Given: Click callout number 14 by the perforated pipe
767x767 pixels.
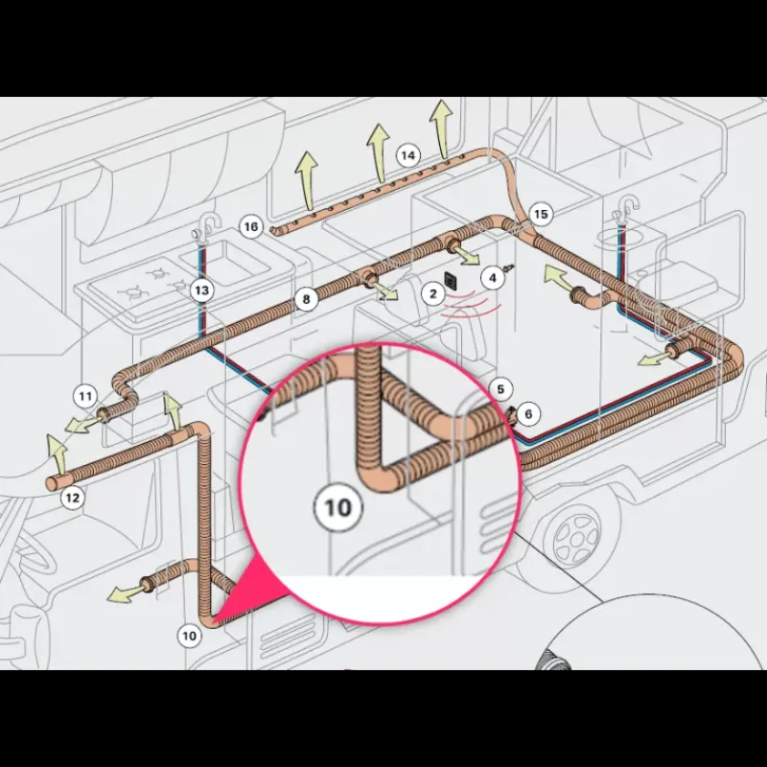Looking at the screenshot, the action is [408, 156].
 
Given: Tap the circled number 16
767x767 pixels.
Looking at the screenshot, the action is [251, 227].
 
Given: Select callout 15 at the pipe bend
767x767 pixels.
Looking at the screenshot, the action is [541, 214].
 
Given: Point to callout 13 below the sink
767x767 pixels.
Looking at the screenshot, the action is [201, 291].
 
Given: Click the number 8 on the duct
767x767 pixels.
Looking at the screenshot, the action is [306, 299].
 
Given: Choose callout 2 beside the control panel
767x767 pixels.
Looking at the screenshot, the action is [433, 294].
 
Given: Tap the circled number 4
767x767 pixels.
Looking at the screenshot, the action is [493, 278].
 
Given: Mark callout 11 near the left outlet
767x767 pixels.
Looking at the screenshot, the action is [85, 396].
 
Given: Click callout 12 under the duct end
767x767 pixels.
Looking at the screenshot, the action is [72, 498].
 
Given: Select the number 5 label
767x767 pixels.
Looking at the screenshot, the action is [500, 389].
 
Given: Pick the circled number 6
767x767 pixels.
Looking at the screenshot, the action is [528, 414].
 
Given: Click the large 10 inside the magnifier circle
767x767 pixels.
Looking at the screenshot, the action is [338, 507].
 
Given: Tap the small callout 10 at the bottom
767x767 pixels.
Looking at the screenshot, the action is [189, 636].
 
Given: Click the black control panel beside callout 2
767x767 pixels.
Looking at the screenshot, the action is [451, 280].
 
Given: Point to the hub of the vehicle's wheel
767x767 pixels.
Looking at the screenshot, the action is [578, 538].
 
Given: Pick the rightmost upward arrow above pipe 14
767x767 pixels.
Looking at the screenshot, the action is [442, 128].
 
